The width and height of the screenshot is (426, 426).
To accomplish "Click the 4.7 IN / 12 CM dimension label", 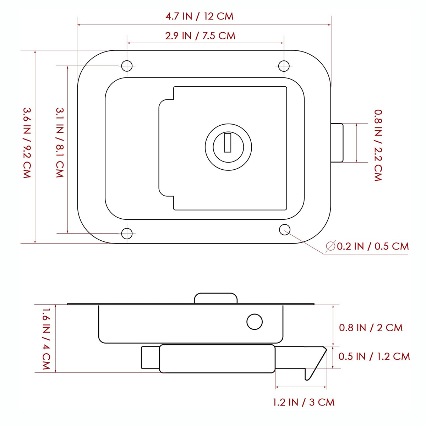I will [200, 16].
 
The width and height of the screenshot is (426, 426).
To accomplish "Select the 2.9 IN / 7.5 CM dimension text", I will [200, 36].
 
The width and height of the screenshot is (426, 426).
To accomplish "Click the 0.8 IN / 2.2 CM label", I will [378, 145].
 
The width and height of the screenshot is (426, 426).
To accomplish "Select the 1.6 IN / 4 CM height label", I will [47, 339].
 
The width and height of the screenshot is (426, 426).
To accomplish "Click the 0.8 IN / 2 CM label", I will [371, 328].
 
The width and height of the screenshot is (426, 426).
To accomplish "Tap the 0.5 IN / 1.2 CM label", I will [374, 356].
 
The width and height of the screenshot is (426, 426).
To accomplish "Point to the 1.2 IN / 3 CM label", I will [304, 402].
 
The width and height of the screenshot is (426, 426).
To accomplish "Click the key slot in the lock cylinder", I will [228, 142].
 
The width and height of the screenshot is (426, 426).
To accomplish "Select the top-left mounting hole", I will [127, 66].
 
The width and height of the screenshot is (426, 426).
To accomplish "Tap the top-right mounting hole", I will [284, 66].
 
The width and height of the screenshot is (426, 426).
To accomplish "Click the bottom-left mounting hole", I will [127, 233].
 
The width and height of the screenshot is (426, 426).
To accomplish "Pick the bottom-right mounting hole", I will [285, 229].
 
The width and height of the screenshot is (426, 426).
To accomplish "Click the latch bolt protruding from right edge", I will [337, 143].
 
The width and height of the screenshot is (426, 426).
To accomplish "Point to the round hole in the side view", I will [255, 322].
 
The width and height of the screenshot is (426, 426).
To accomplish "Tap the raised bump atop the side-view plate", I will [215, 298].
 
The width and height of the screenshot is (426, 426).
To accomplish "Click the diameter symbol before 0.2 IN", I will [331, 246].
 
